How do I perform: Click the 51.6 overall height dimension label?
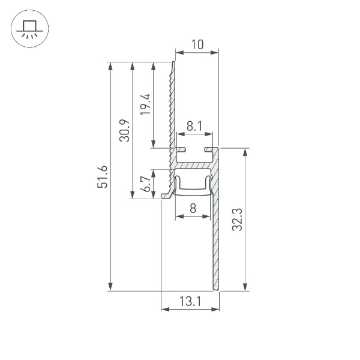pos(103,176)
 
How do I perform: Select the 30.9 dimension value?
pos(125,131)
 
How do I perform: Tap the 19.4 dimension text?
pos(146,105)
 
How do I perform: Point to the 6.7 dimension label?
pos(146,184)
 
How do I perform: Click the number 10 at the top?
pos(197,44)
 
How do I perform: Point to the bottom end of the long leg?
pos(215,288)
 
